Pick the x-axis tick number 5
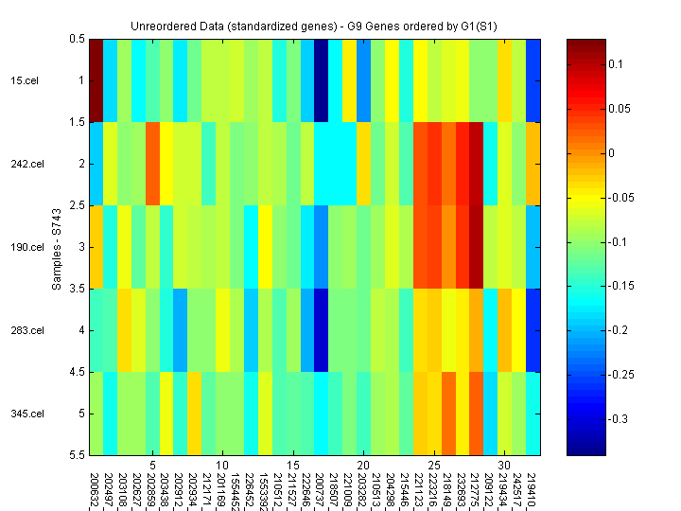[152, 466]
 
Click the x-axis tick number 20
[362, 466]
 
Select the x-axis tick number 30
[504, 466]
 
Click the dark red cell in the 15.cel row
[96, 80]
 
